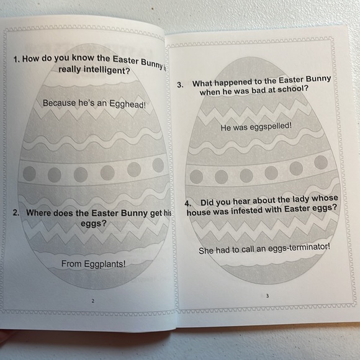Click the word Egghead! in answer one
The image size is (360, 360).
point(127,104)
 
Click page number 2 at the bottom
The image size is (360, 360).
point(92,300)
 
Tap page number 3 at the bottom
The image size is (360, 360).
point(268,295)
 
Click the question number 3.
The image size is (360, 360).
point(180,86)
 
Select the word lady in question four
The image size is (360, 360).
point(295,199)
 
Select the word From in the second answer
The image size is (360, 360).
point(71,264)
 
